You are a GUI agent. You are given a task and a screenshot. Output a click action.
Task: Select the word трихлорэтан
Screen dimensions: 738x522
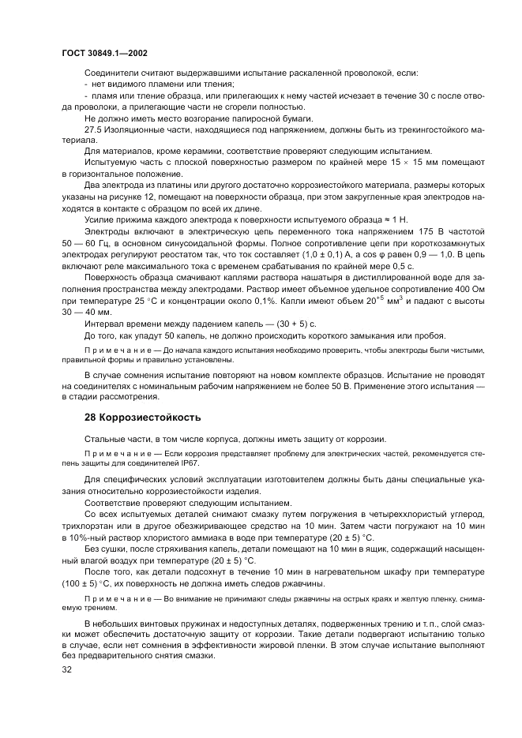click(88, 525)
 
